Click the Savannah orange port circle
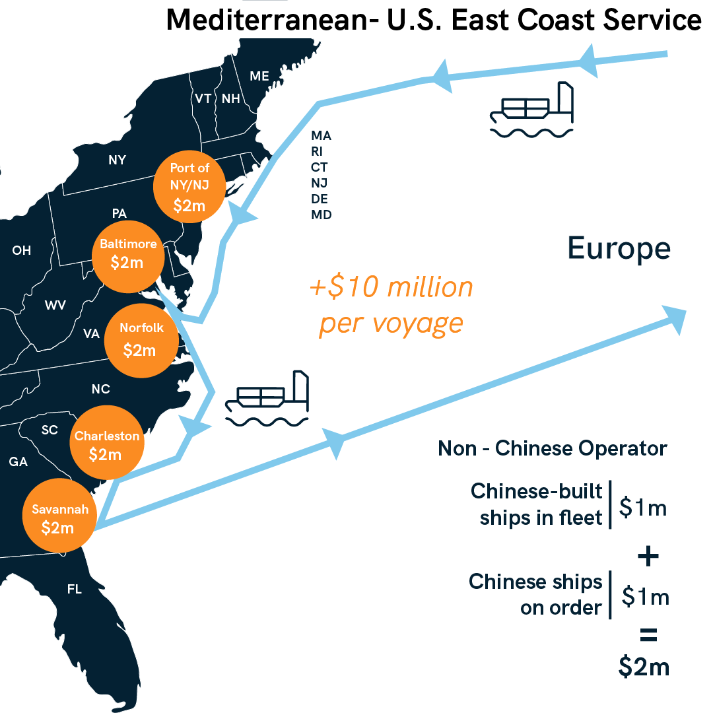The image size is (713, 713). [x=60, y=518]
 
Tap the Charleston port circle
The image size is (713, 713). [x=106, y=444]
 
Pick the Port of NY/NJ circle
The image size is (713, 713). [x=189, y=186]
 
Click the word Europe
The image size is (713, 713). [x=619, y=249]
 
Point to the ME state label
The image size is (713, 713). [x=259, y=77]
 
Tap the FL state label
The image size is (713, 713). [x=75, y=589]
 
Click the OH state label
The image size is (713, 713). [x=21, y=250]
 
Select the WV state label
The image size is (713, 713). [x=55, y=305]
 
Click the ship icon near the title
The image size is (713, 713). [x=531, y=110]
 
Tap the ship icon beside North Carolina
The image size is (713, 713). [x=267, y=397]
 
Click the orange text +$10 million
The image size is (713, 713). [x=391, y=288]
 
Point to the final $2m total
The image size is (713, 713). [x=644, y=667]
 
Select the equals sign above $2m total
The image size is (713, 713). [x=648, y=636]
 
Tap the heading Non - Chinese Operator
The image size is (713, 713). [x=553, y=449]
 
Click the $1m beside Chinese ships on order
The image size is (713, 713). [x=646, y=597]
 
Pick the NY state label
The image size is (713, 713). [x=118, y=160]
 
